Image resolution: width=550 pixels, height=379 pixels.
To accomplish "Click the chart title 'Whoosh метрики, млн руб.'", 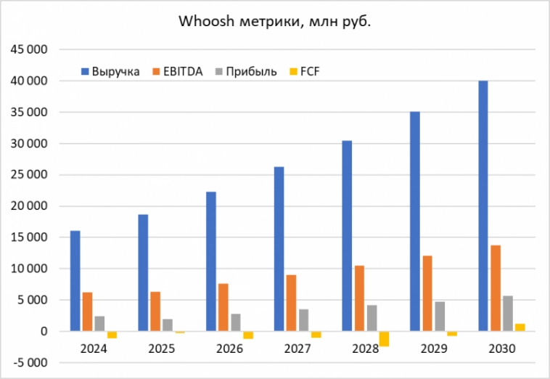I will pyautogui.click(x=275, y=22).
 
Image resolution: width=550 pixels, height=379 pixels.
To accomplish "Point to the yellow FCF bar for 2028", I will pyautogui.click(x=384, y=338).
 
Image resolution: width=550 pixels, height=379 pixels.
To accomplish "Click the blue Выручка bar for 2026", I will pyautogui.click(x=211, y=261).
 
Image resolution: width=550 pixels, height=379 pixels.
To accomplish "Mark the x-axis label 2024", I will pyautogui.click(x=94, y=349).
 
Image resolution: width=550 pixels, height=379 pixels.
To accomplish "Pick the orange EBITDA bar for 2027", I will pyautogui.click(x=290, y=303).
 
